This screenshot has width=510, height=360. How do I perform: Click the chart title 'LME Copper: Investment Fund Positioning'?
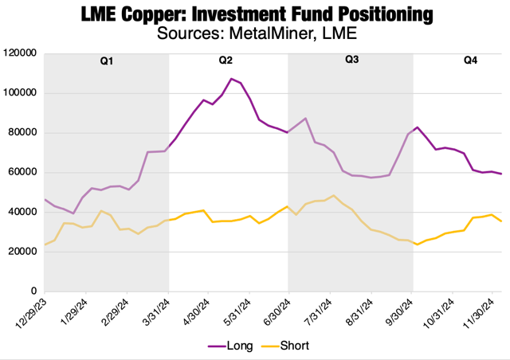pos(255,14)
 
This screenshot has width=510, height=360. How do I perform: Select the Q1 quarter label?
pos(106,61)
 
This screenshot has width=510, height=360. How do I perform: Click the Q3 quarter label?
pos(351,61)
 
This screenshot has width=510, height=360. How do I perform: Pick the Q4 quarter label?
pos(470,61)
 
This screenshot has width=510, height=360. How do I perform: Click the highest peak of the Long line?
pos(231,79)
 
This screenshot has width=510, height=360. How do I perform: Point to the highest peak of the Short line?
pos(333,195)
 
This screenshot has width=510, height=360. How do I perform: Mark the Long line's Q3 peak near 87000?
pos(306,119)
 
